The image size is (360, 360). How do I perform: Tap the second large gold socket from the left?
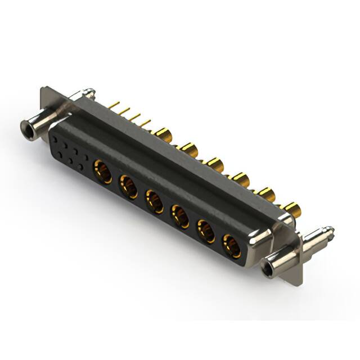pyautogui.click(x=128, y=186)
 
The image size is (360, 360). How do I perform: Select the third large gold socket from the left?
pyautogui.click(x=154, y=201)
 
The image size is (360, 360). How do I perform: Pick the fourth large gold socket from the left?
pyautogui.click(x=180, y=216)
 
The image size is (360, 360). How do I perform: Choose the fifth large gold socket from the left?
pyautogui.click(x=206, y=231)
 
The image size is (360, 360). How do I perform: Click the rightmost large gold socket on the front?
pyautogui.click(x=232, y=246)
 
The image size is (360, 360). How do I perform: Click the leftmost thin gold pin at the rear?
pyautogui.click(x=113, y=105)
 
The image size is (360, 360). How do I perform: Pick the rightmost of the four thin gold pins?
pyautogui.click(x=146, y=122)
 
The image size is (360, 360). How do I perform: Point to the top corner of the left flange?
pyautogui.click(x=44, y=88)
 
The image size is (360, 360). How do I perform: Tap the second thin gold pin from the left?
pyautogui.click(x=124, y=110)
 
